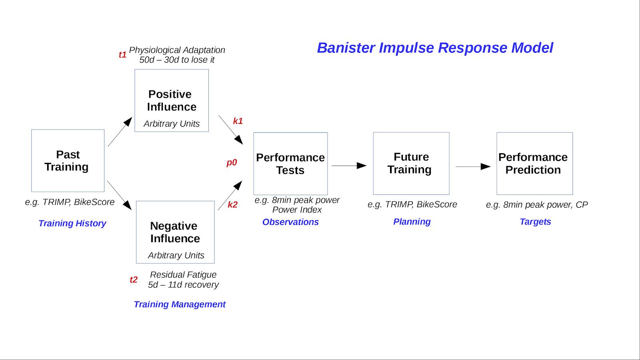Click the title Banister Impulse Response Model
[x=435, y=48]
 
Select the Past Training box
[x=68, y=161]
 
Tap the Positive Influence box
[x=172, y=101]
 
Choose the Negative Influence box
[x=175, y=232]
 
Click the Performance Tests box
[x=290, y=164]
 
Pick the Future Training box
[x=411, y=163]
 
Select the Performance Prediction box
[x=534, y=164]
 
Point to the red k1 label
[x=238, y=121]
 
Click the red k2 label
[x=232, y=205]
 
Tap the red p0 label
[x=232, y=162]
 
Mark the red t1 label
[x=122, y=55]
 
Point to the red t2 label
[x=133, y=280]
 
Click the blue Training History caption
[x=72, y=223]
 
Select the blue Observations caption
[x=290, y=222]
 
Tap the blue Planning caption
[x=412, y=222]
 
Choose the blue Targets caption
[x=535, y=222]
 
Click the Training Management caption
[x=180, y=304]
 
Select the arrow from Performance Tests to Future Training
[x=349, y=166]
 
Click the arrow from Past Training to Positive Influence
[x=120, y=132]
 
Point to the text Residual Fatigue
[x=183, y=275]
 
